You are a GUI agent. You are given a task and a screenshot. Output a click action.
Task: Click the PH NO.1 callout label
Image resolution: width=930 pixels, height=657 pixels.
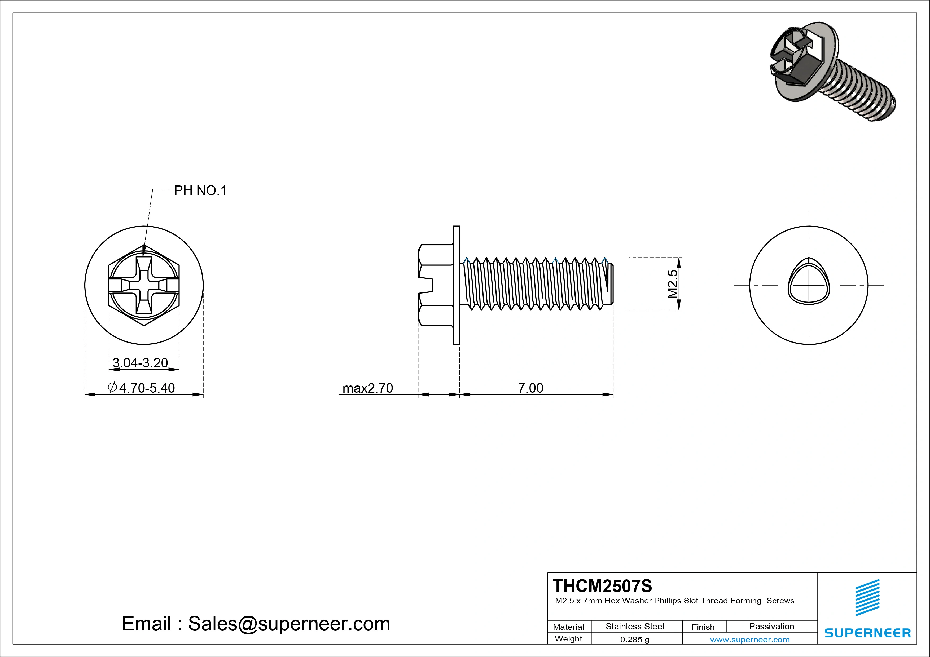tap(200, 191)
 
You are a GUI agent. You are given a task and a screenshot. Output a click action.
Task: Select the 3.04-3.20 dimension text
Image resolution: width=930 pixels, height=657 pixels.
tap(140, 363)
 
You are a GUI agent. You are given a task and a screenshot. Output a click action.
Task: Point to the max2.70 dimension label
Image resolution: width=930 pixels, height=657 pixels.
tap(367, 388)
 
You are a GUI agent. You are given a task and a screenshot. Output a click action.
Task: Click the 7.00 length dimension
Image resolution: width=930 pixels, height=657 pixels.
tap(531, 388)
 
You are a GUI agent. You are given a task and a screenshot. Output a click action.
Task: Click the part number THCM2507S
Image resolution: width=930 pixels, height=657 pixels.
tap(602, 586)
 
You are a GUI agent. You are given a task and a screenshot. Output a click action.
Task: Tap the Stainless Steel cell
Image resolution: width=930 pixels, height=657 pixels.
tap(635, 626)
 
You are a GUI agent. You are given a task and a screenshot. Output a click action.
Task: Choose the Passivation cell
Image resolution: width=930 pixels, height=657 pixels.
tap(771, 626)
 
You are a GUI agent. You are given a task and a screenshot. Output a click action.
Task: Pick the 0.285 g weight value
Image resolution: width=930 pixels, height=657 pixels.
tap(635, 640)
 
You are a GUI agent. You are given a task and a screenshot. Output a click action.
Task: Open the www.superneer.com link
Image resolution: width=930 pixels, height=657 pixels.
tap(750, 640)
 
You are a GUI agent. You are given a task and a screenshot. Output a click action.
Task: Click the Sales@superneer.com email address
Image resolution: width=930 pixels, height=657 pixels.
tap(289, 623)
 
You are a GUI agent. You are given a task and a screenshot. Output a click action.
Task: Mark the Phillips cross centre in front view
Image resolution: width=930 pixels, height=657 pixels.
tap(144, 285)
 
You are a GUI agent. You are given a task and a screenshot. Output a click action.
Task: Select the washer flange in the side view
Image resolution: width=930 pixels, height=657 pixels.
tap(456, 285)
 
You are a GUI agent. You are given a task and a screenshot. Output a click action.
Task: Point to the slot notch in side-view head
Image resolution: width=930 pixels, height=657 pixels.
tap(426, 285)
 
